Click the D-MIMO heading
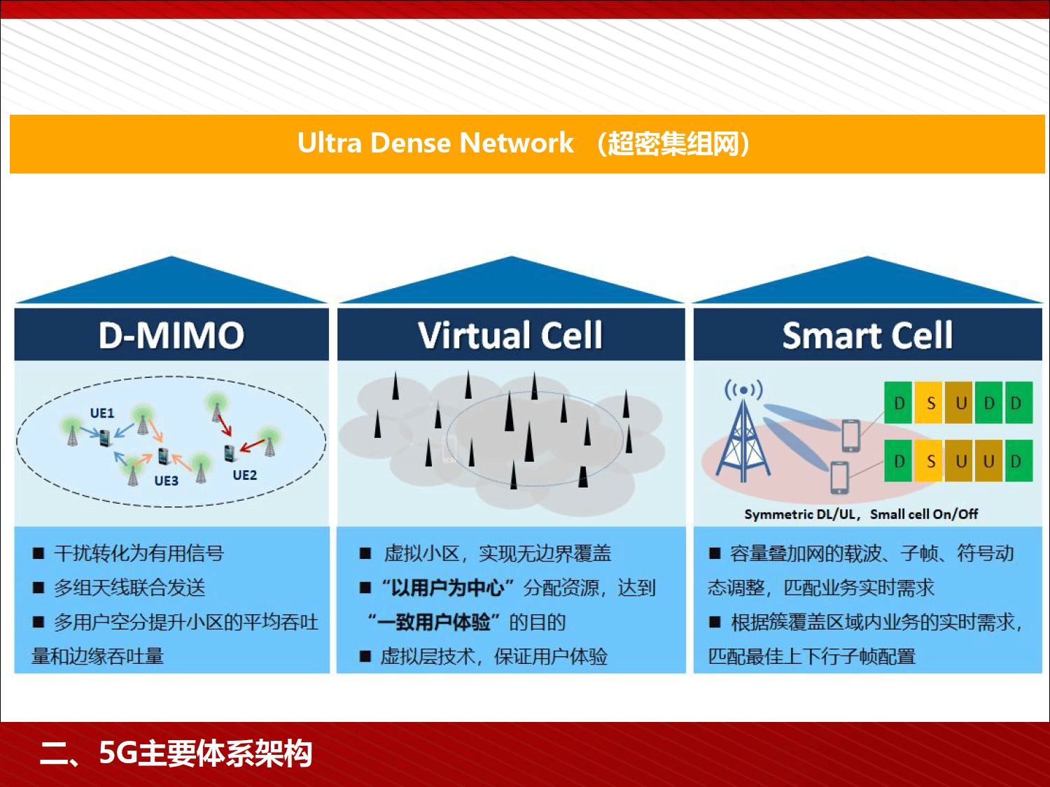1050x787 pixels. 171,335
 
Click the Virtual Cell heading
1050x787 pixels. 510,335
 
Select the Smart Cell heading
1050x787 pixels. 867,335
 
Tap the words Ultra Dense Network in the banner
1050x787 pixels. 435,143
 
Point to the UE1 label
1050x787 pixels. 102,413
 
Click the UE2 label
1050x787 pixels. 244,476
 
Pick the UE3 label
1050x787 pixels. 166,481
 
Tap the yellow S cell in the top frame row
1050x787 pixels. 930,403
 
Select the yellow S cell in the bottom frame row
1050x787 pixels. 930,462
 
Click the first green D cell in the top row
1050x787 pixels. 899,403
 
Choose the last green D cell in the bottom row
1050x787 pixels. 1016,462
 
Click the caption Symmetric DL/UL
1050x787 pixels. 800,514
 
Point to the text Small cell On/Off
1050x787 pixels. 924,514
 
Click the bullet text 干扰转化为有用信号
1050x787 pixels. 139,553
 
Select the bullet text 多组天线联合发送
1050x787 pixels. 129,588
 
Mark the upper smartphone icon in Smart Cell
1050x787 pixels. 850,435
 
